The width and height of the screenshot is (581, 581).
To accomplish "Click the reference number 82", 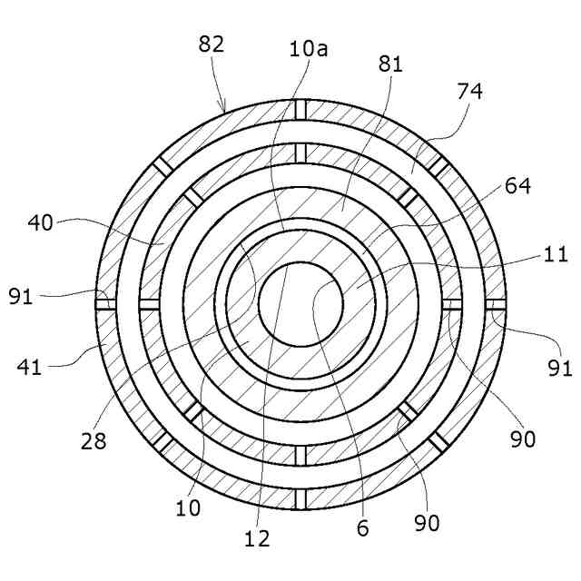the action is click(x=210, y=44).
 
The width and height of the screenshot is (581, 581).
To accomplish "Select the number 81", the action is click(x=390, y=64).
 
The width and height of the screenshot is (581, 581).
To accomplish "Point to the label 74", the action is click(x=470, y=92).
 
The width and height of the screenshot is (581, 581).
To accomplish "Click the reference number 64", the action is click(x=517, y=186).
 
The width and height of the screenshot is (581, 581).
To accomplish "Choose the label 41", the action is click(x=28, y=367).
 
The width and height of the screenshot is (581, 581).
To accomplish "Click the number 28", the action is click(x=94, y=442).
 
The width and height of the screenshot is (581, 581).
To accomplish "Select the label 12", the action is click(x=258, y=538).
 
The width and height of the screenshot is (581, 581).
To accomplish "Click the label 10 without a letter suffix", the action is click(x=188, y=507).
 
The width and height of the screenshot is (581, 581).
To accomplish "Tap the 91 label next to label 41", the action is click(x=23, y=295).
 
